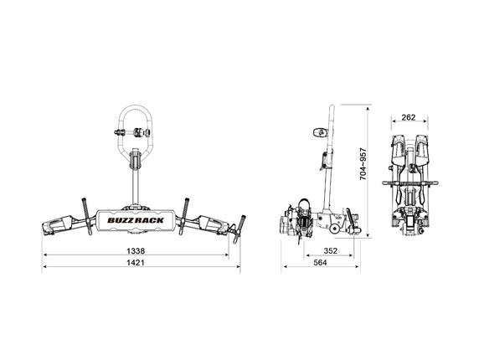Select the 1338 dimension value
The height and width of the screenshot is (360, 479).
pos(142,249)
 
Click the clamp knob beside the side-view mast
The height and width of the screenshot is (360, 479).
pos(319,131)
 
